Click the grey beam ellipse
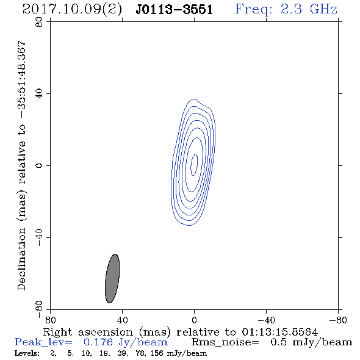pyautogui.click(x=112, y=278)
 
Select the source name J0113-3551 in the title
pyautogui.click(x=175, y=10)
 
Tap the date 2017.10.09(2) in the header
pyautogui.click(x=72, y=10)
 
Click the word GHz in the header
pyautogui.click(x=323, y=9)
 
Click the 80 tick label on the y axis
pyautogui.click(x=39, y=22)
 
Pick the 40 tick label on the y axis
pyautogui.click(x=39, y=94)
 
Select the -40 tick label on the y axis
pyautogui.click(x=39, y=237)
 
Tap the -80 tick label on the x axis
pyautogui.click(x=338, y=320)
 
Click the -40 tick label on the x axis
pyautogui.click(x=266, y=320)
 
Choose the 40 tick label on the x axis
pyautogui.click(x=123, y=320)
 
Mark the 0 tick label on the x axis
pyautogui.click(x=194, y=320)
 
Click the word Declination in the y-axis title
pyautogui.click(x=21, y=259)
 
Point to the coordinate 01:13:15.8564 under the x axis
pyautogui.click(x=280, y=332)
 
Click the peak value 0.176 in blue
pyautogui.click(x=98, y=342)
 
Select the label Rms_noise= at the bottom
pyautogui.click(x=225, y=342)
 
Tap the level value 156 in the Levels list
pyautogui.click(x=157, y=353)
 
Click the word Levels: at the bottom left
pyautogui.click(x=27, y=353)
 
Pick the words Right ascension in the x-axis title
pyautogui.click(x=88, y=332)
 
